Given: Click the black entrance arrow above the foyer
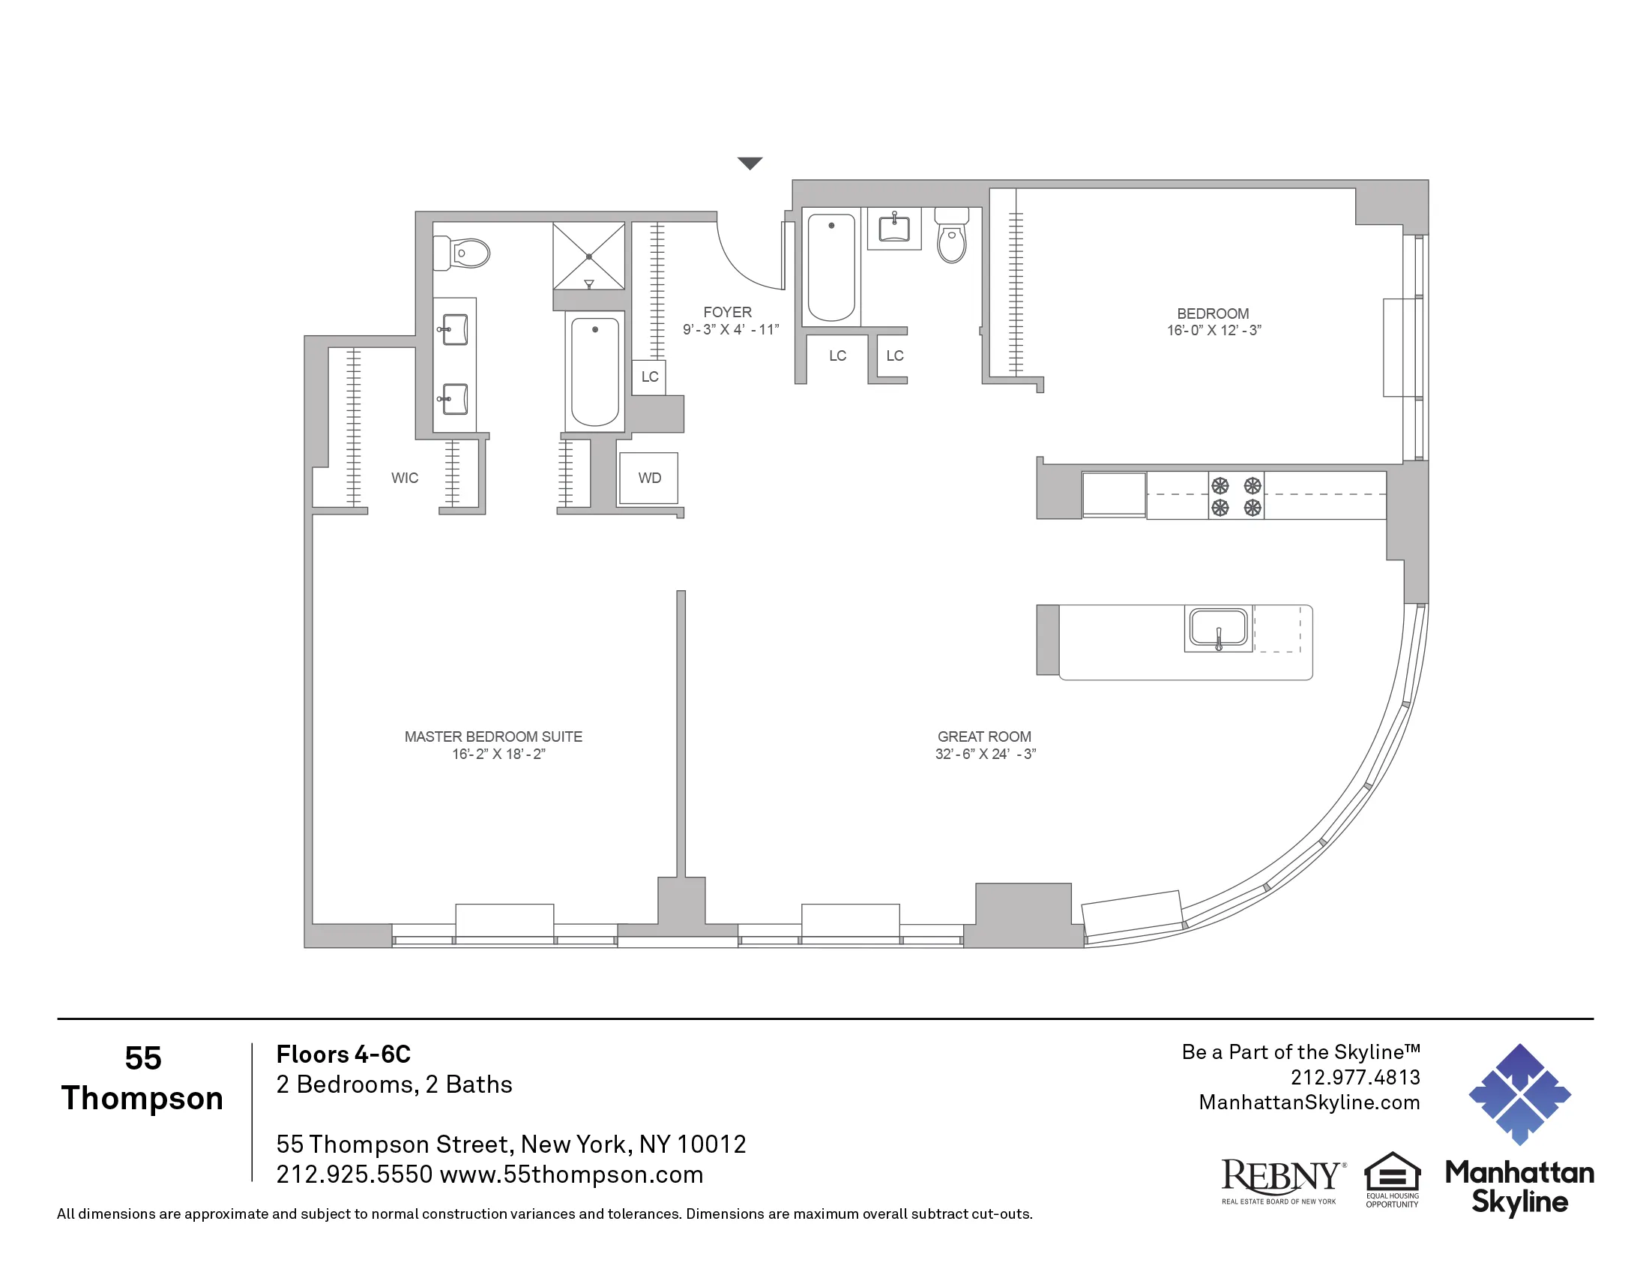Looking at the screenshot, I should pos(749,163).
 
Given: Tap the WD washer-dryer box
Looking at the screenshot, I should pos(648,478).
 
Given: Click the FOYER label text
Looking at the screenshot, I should pos(727,312).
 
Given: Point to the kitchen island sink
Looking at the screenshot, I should pos(1218,628).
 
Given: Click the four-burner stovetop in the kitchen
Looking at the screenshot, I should pos(1236,496).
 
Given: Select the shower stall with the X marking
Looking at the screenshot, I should pos(589,256).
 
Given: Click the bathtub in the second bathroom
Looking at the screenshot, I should pos(831,268).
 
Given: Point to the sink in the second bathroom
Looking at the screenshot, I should pos(894,227).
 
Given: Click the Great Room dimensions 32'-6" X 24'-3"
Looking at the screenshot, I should pos(985,754).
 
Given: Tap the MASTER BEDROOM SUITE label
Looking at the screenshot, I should pos(493,736).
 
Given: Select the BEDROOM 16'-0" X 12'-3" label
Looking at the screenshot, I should pos(1213,322).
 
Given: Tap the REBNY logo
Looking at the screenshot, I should pos(1282,1180).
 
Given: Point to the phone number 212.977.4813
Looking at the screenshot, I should pos(1354,1077).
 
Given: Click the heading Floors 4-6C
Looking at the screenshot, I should pos(343,1054).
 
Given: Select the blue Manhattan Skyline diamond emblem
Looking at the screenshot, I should pos(1519,1094).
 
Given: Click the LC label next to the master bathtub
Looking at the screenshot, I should pos(649,377).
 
